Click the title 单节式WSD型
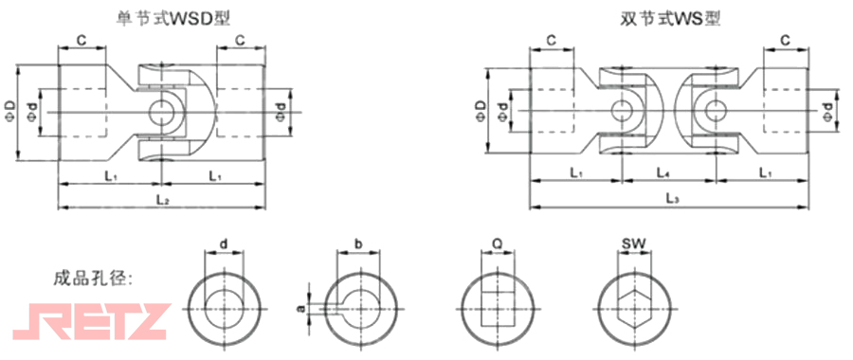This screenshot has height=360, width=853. (173, 20)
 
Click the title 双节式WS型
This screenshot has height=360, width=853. (670, 20)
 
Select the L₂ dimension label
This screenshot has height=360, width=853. (162, 200)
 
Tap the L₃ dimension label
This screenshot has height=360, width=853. (672, 200)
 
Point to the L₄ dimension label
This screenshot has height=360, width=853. (662, 173)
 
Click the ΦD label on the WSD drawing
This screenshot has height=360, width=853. (11, 112)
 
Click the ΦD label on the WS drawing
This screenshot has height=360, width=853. (480, 112)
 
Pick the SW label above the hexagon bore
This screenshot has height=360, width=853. (634, 243)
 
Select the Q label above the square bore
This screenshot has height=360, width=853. (498, 243)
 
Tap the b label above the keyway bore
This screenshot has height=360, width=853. (358, 243)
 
